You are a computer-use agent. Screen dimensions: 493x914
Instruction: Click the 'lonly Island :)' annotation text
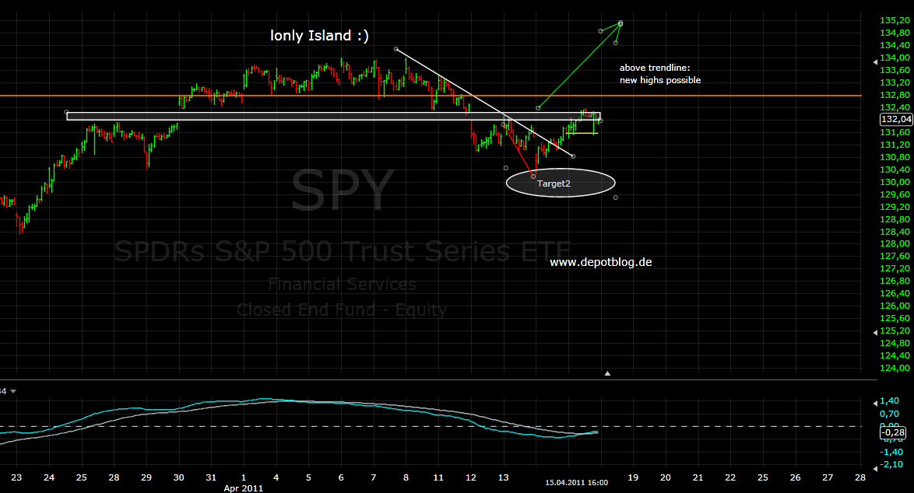coord(319,35)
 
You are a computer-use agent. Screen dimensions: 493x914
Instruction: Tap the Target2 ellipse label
coord(561,184)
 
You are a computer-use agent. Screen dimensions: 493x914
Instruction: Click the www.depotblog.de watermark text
coord(601,262)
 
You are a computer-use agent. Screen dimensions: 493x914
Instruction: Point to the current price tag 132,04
coord(895,119)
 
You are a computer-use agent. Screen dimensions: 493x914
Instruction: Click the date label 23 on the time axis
coord(17,477)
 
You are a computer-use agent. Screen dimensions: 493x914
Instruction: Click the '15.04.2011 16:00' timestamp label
coord(576,483)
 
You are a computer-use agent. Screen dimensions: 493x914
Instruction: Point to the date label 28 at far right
coord(860,477)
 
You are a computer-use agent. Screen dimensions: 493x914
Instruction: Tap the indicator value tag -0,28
coord(895,432)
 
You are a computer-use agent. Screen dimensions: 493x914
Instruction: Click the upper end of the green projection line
coord(620,23)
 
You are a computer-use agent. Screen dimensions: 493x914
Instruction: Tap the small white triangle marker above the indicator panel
coord(608,373)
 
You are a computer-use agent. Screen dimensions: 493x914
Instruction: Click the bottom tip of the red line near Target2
coord(533,177)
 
